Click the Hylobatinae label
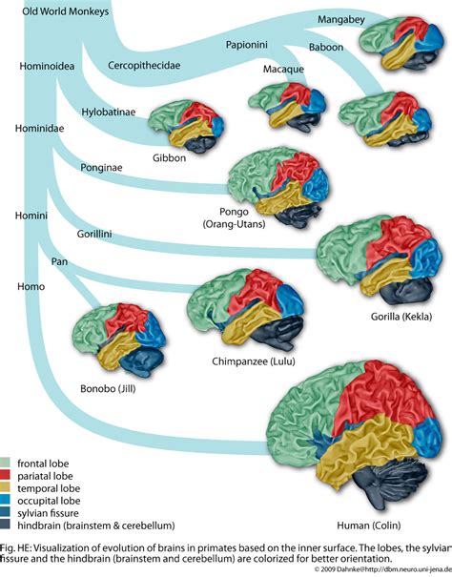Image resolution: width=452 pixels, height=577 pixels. (108, 112)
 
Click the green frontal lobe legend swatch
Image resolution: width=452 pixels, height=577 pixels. (8, 462)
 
